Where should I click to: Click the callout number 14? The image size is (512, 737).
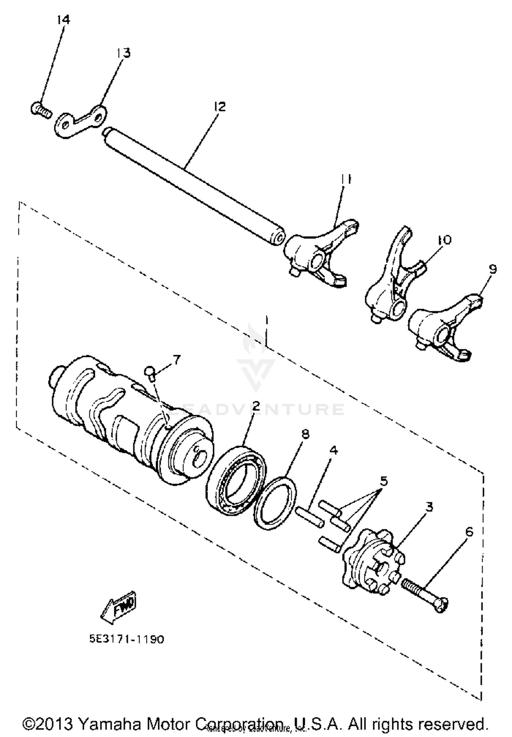coord(63,19)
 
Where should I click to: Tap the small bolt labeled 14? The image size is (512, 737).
coord(40,110)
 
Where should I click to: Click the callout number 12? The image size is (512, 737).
coord(220,107)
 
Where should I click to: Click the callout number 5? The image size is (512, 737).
coord(384,481)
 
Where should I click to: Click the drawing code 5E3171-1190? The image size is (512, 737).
coord(127,639)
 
